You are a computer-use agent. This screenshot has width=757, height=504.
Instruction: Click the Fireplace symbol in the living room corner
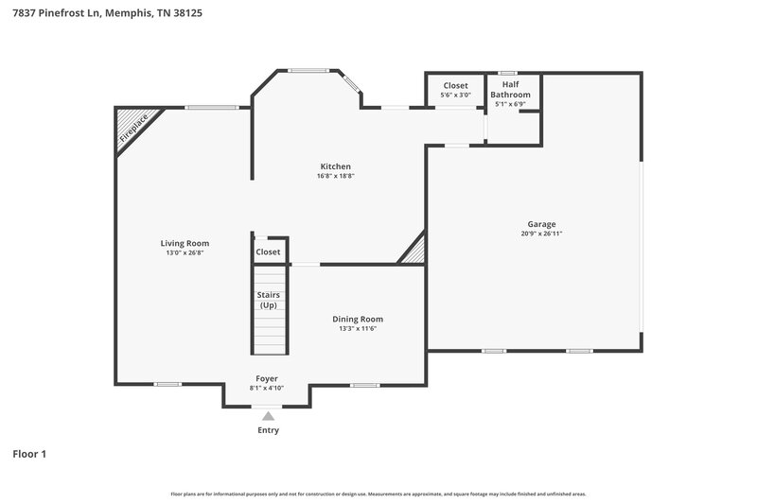(x=132, y=128)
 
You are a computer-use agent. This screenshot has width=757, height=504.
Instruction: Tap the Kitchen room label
(x=335, y=165)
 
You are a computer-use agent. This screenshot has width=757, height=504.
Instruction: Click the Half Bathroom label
(x=510, y=90)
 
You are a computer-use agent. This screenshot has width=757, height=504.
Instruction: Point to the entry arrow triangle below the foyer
(x=269, y=415)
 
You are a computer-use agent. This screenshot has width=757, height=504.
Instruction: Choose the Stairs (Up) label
(x=268, y=300)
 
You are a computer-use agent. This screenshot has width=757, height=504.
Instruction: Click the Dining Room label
(x=357, y=319)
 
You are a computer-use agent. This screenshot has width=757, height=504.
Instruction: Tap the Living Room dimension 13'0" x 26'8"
(x=185, y=252)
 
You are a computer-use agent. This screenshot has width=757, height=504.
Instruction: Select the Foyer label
(x=267, y=378)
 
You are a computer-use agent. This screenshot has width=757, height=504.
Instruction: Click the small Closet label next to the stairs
(x=268, y=252)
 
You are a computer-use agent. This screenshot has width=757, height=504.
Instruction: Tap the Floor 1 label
(x=29, y=454)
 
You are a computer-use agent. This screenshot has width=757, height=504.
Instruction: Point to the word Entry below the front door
(x=269, y=430)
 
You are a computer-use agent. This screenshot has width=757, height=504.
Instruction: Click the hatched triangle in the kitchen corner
(x=414, y=252)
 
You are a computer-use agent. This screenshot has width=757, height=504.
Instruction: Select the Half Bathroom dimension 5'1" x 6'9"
(x=510, y=104)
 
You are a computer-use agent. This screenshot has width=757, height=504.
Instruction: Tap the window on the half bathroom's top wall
(x=507, y=73)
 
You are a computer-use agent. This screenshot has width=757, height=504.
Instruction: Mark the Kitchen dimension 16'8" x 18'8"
(x=335, y=176)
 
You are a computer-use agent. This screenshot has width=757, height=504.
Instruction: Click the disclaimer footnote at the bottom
(x=378, y=494)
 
